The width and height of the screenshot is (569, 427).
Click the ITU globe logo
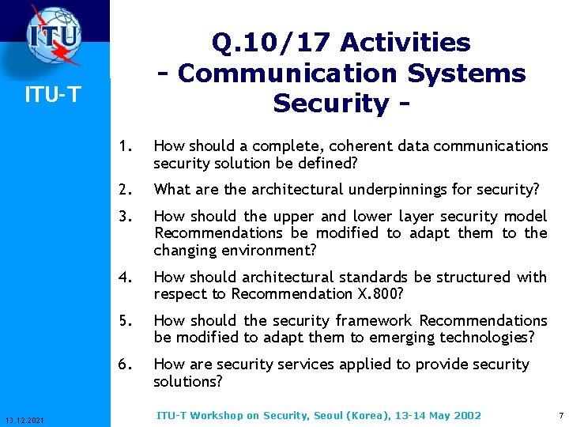[54, 35]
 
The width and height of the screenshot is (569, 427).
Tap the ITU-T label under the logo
[52, 95]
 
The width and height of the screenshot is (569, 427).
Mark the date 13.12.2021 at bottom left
[24, 418]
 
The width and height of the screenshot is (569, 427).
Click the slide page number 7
[560, 415]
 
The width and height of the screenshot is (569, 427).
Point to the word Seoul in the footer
[328, 415]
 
